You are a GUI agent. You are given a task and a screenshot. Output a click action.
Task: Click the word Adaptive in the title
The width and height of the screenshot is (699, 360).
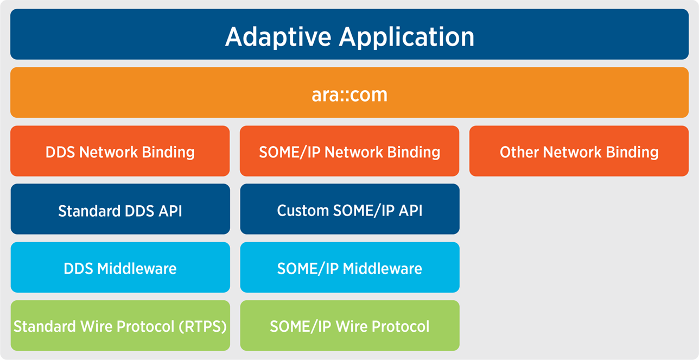(x=278, y=37)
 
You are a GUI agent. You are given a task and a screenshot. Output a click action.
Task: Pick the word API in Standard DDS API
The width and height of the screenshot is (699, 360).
(x=170, y=211)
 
